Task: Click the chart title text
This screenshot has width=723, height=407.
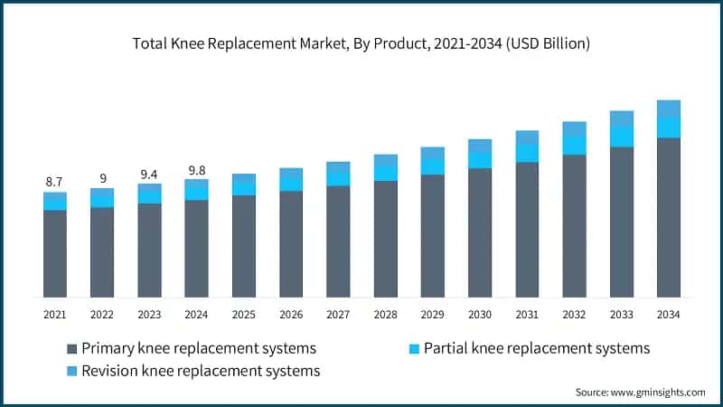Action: tap(361, 43)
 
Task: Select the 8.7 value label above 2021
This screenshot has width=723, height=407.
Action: tap(55, 183)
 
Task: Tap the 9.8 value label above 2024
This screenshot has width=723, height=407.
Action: tap(196, 169)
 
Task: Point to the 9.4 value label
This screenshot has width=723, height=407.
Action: tap(149, 175)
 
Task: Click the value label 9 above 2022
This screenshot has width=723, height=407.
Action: tap(102, 179)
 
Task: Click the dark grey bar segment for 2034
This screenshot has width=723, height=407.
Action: tap(668, 217)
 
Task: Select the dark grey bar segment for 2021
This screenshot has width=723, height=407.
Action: tap(55, 253)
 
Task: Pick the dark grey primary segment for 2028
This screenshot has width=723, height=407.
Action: tap(385, 239)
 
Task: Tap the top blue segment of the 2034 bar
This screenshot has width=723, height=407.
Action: tap(668, 109)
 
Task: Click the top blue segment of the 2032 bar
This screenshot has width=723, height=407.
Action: tap(574, 129)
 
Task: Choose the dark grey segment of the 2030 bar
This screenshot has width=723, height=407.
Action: tap(480, 232)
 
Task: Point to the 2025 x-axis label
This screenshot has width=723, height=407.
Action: tap(243, 314)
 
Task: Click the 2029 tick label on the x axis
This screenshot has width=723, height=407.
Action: tap(432, 314)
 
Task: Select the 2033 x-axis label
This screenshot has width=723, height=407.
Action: tap(621, 314)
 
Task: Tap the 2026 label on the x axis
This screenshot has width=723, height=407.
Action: tap(290, 314)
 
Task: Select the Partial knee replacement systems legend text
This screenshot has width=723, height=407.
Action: tap(537, 348)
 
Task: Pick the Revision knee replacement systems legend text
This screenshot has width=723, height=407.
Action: tap(201, 371)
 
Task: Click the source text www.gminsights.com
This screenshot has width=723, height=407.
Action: tap(640, 392)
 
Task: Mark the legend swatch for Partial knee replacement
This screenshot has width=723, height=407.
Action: tap(413, 348)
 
